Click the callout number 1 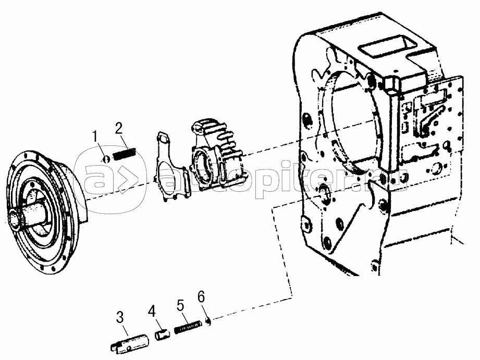(x=95, y=137)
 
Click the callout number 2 (x=119, y=128)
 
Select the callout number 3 (x=119, y=317)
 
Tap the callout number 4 (x=152, y=312)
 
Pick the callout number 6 (x=201, y=297)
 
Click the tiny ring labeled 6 (x=208, y=321)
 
